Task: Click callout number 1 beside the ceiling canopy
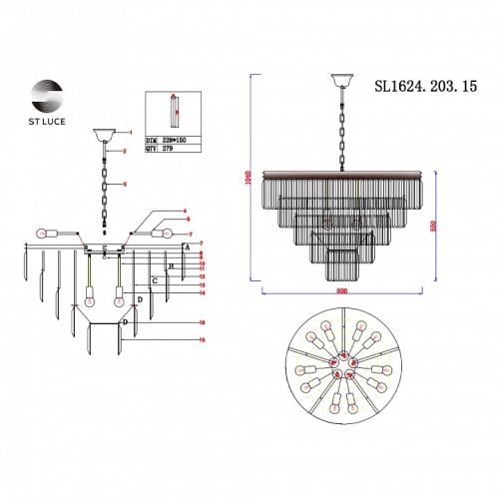coord(128,131)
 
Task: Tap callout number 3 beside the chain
coord(124,185)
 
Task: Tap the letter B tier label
coord(172,266)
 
